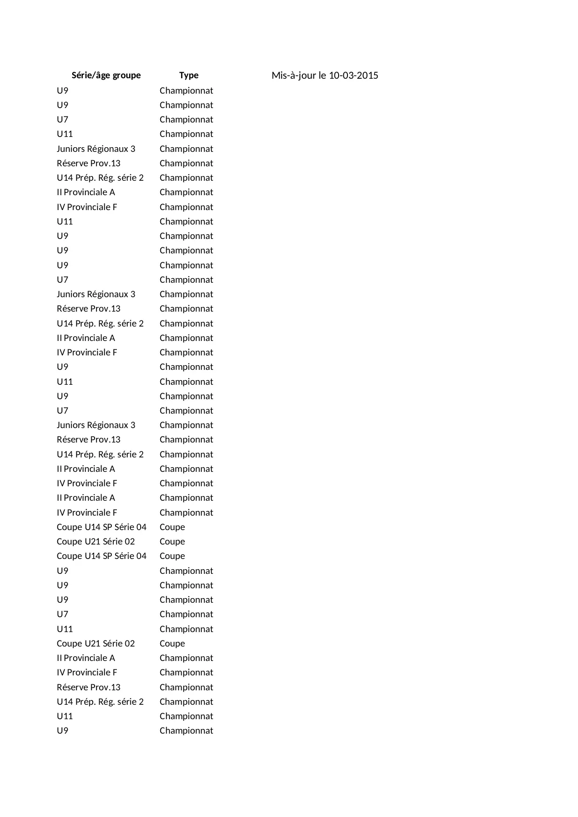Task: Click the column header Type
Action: pyautogui.click(x=189, y=75)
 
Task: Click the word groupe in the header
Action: pyautogui.click(x=126, y=75)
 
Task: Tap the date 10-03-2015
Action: pyautogui.click(x=354, y=75)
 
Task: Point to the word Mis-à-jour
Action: pyautogui.click(x=293, y=75)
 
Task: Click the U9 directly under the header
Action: pyautogui.click(x=62, y=91)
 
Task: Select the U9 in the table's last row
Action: pyautogui.click(x=62, y=731)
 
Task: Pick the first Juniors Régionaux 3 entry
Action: pyautogui.click(x=96, y=149)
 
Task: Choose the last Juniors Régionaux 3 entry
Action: pyautogui.click(x=96, y=425)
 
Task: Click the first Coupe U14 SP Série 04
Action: pyautogui.click(x=102, y=527)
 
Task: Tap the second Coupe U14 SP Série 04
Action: pyautogui.click(x=102, y=556)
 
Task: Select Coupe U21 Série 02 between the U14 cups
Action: pyautogui.click(x=95, y=542)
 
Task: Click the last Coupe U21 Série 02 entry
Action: pyautogui.click(x=95, y=644)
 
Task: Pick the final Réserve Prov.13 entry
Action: pyautogui.click(x=88, y=688)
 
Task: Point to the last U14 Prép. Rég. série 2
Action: pyautogui.click(x=100, y=702)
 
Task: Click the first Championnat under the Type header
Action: pyautogui.click(x=186, y=91)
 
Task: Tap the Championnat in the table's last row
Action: pyautogui.click(x=186, y=731)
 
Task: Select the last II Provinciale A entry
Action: pyautogui.click(x=86, y=658)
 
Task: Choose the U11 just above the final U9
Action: pyautogui.click(x=65, y=716)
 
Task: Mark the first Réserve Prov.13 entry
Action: pyautogui.click(x=88, y=163)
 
